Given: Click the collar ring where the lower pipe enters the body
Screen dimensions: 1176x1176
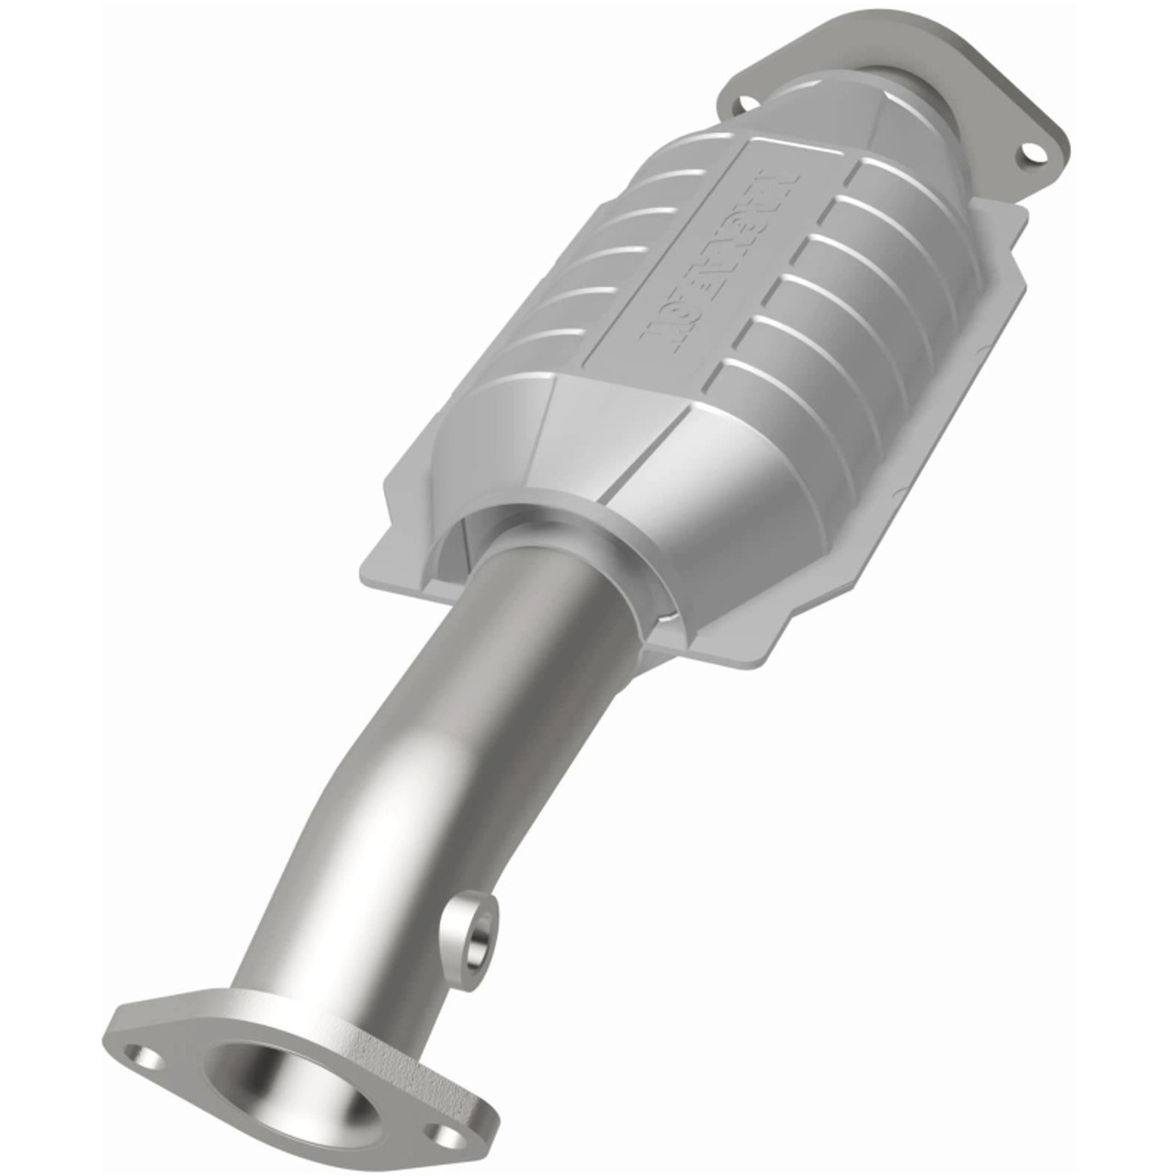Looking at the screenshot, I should [551, 542].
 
